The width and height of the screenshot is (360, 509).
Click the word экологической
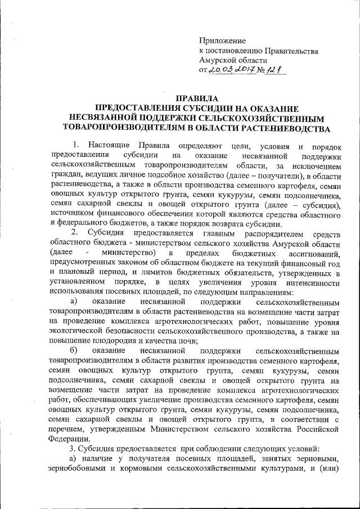click(75, 331)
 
